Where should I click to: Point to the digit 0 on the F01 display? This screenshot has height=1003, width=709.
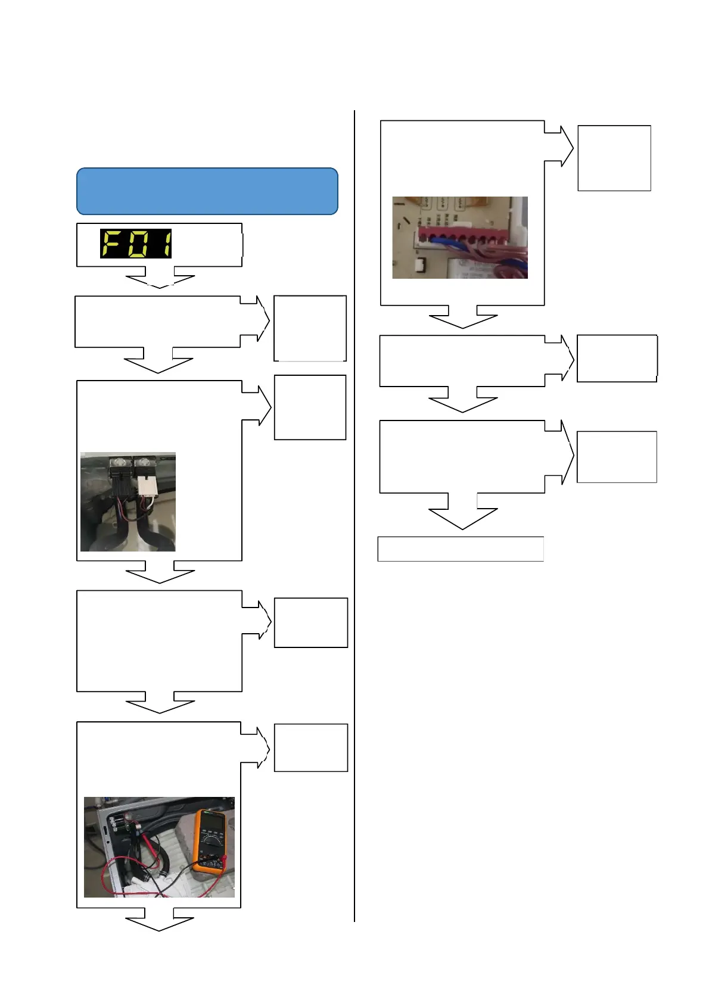point(138,244)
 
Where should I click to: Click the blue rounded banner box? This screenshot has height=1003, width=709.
point(207,191)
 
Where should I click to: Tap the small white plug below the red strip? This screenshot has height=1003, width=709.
point(419,264)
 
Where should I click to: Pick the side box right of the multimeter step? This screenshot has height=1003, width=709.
point(310,747)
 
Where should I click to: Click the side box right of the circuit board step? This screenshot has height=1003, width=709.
point(614,158)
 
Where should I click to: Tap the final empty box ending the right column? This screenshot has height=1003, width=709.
point(461,549)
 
